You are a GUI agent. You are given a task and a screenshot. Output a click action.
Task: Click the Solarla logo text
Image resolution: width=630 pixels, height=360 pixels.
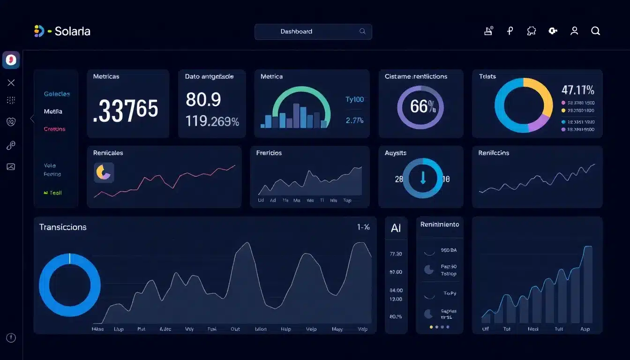72,31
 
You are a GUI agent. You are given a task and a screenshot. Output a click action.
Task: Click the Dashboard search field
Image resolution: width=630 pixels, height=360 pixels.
313,31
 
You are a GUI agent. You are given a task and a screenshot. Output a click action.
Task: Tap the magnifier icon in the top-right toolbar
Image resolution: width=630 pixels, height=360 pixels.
595,31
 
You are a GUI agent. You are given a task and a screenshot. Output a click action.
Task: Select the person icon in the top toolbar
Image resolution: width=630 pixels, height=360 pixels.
574,31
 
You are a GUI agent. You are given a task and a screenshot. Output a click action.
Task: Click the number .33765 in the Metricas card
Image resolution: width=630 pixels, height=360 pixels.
125,110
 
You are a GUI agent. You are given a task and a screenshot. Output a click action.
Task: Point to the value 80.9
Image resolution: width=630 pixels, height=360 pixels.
203,99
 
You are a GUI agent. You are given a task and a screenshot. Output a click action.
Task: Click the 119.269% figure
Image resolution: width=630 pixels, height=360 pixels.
212,121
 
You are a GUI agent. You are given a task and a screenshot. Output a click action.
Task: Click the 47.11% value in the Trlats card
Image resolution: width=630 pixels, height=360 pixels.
577,90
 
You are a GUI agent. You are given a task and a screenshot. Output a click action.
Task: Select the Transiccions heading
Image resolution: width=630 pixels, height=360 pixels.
63,227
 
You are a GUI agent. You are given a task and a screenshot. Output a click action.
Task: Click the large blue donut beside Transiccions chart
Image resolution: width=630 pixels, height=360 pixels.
69,285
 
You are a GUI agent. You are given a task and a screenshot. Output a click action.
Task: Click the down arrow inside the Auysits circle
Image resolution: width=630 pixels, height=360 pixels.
423,178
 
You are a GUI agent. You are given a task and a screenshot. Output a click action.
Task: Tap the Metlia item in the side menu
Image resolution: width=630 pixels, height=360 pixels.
53,112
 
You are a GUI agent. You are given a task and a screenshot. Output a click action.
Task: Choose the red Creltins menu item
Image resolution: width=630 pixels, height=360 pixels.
54,129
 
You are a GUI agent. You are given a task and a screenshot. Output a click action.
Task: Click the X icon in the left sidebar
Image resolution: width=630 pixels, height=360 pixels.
11,82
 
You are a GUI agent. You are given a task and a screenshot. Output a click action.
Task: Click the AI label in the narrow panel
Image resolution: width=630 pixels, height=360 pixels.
396,228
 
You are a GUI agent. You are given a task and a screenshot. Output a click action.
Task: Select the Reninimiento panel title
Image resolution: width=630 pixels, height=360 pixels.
440,225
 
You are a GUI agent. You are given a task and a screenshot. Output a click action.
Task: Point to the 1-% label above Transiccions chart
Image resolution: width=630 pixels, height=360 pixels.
363,227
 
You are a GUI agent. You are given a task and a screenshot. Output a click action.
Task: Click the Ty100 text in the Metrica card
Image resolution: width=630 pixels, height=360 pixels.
354,99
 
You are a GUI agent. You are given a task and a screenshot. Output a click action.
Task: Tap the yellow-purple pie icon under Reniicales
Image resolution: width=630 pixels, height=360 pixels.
104,172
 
